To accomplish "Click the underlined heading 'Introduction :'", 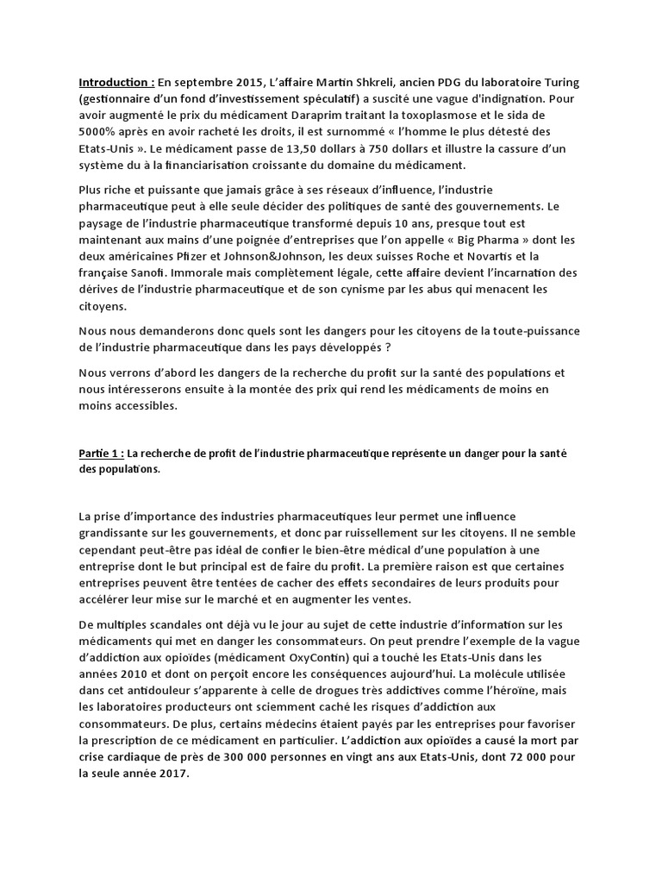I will click(117, 83).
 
